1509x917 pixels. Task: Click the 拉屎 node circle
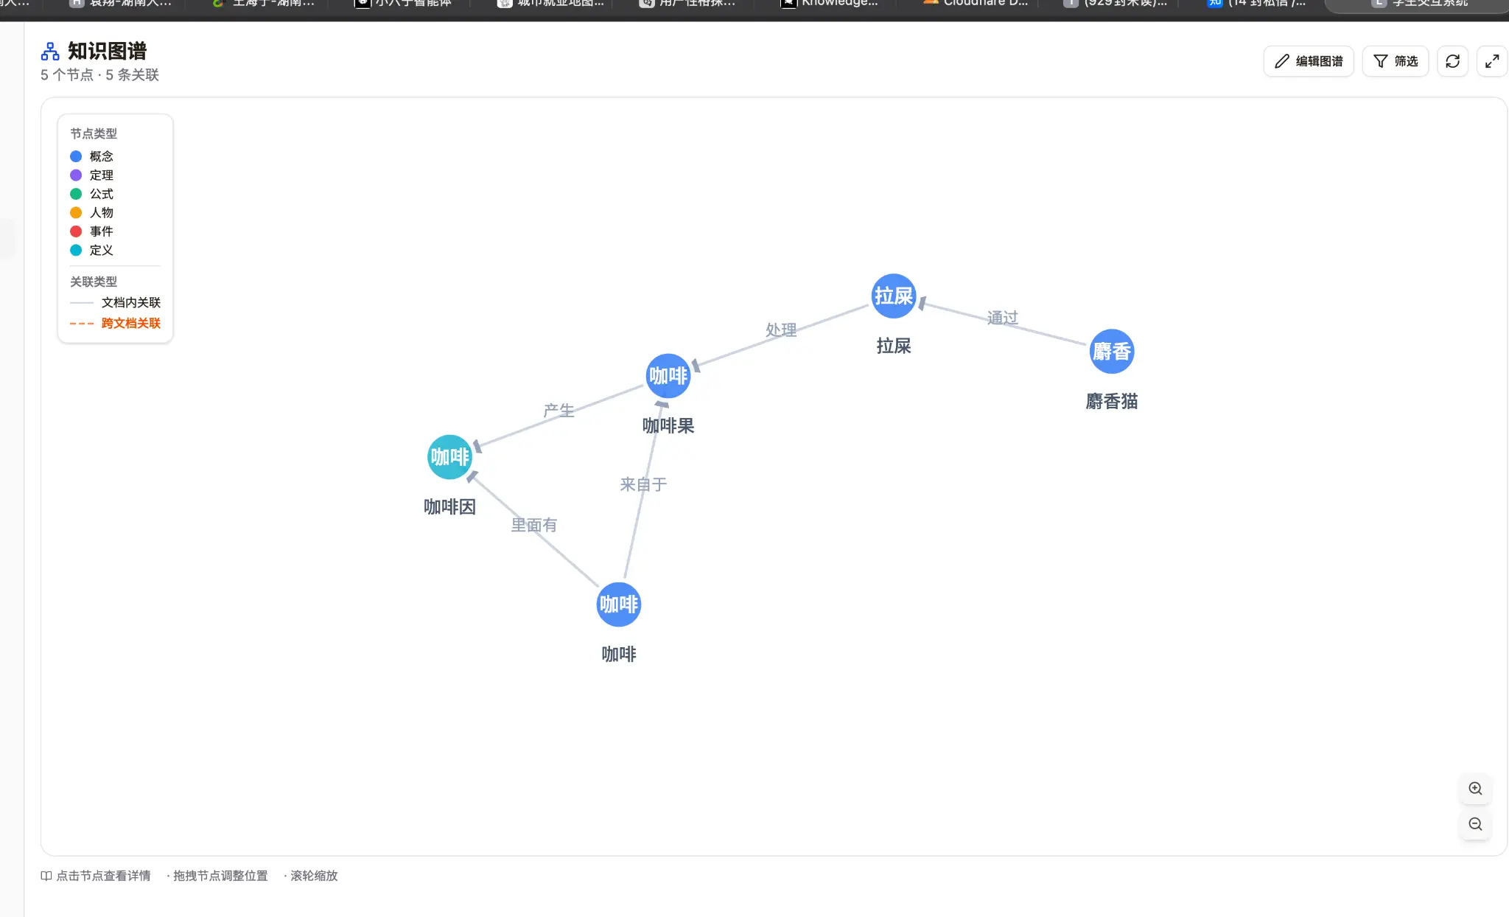tap(893, 296)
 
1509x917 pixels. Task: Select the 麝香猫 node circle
tap(1111, 352)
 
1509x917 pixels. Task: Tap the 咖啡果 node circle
tap(668, 377)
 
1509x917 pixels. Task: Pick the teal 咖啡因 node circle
tap(449, 457)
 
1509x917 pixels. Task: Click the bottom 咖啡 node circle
tap(618, 604)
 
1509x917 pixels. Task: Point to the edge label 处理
tap(781, 330)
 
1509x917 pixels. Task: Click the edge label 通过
tap(1002, 318)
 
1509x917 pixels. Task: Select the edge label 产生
tap(559, 410)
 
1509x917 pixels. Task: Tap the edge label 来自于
tap(643, 484)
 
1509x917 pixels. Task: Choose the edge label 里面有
tap(534, 525)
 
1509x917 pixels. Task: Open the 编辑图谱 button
tap(1309, 61)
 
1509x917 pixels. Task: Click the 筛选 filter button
tap(1396, 61)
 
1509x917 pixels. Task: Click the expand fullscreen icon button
tap(1492, 61)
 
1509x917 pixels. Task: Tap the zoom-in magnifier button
tap(1475, 789)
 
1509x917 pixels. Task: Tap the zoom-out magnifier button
tap(1475, 824)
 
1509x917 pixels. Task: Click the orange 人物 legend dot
tap(76, 213)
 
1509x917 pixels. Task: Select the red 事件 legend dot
tap(76, 231)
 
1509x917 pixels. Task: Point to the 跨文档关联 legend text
tap(130, 323)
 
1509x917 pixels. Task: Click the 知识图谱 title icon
tap(50, 52)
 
